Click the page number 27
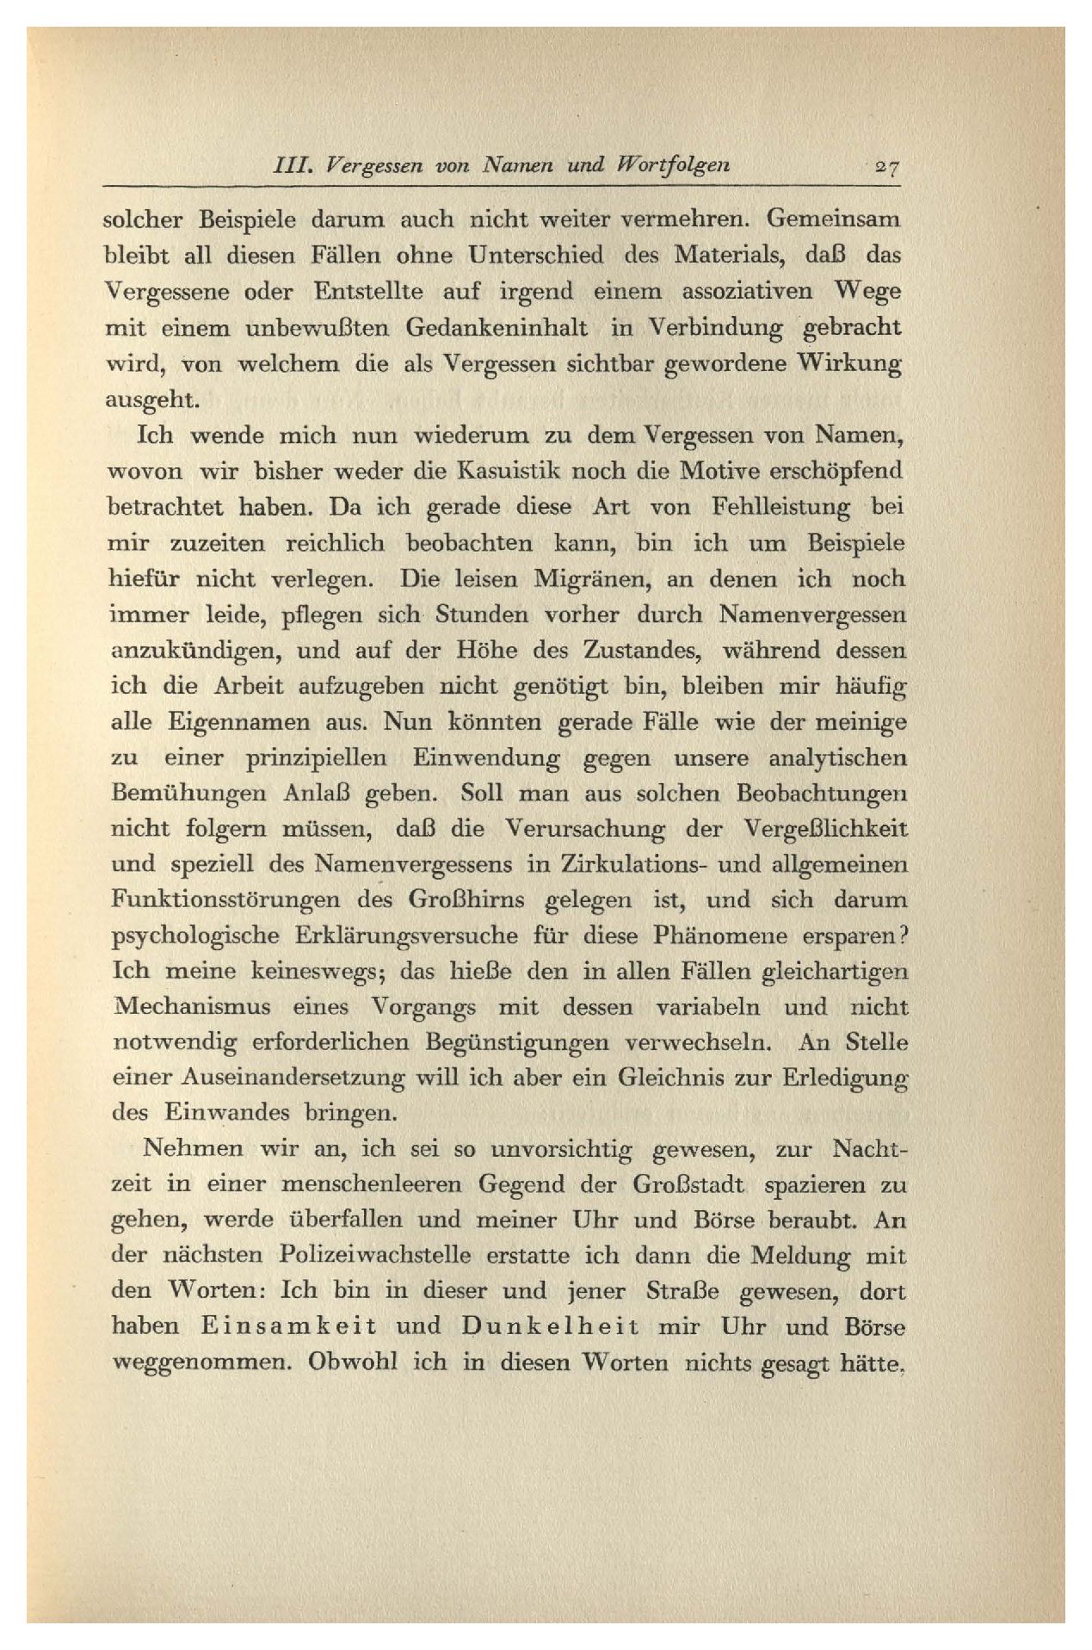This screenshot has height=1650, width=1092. (884, 166)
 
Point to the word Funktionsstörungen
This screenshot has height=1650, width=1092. (225, 901)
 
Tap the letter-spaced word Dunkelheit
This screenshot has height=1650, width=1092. (551, 1327)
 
